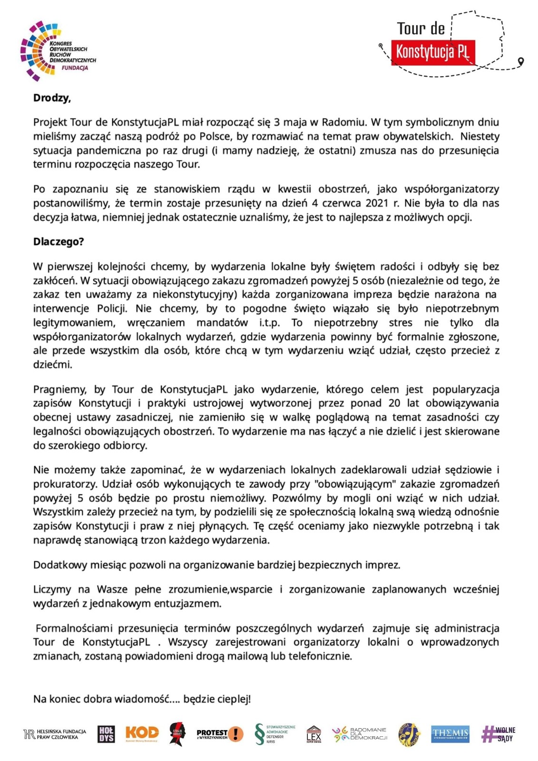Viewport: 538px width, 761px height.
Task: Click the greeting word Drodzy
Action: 52,98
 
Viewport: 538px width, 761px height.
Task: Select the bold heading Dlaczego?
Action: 59,242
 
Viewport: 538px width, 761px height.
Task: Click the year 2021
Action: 377,204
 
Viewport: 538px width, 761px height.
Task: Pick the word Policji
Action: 112,309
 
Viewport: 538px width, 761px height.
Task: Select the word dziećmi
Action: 52,365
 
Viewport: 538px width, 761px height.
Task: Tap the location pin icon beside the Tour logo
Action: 521,61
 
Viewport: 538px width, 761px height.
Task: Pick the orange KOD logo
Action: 142,733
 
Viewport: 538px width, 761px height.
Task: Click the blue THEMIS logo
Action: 450,734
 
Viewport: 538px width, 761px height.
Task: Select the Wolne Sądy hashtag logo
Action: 499,734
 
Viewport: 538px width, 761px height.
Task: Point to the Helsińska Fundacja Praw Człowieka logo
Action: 55,734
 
